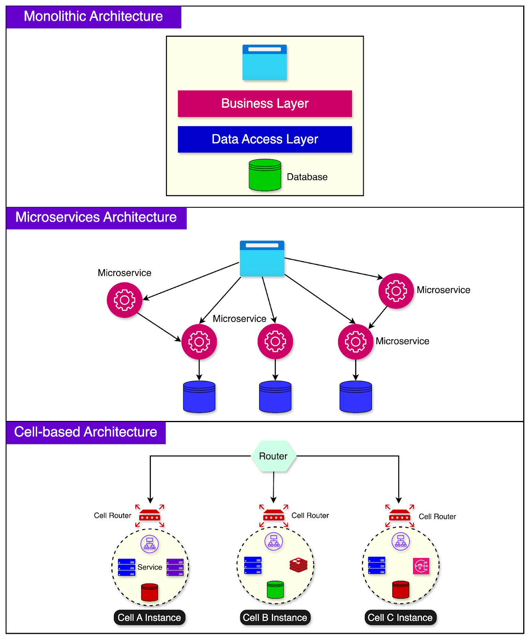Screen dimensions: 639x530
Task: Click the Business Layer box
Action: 265,103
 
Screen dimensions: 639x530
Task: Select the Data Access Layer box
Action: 265,139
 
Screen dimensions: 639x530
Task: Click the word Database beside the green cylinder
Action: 307,177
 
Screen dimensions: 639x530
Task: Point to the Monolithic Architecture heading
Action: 93,17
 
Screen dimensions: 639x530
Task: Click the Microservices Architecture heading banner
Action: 96,218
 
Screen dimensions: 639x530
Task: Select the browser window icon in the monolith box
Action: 265,62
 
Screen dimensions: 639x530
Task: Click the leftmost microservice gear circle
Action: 125,300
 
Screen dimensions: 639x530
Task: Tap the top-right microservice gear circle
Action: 396,291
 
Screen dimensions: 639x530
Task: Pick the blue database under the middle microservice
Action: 275,396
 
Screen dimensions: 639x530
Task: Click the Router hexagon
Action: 273,456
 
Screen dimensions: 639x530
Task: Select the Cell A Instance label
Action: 149,617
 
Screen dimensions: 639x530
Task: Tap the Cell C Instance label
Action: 400,617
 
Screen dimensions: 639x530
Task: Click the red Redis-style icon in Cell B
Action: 299,565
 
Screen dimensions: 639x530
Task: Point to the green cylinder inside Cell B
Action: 275,589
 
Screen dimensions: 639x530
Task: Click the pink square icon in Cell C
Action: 421,566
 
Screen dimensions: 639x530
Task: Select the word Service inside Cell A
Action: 150,567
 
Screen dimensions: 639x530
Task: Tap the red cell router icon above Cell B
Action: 273,516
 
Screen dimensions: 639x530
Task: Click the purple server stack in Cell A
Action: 175,567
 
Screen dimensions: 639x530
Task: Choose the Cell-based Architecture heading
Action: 86,433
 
